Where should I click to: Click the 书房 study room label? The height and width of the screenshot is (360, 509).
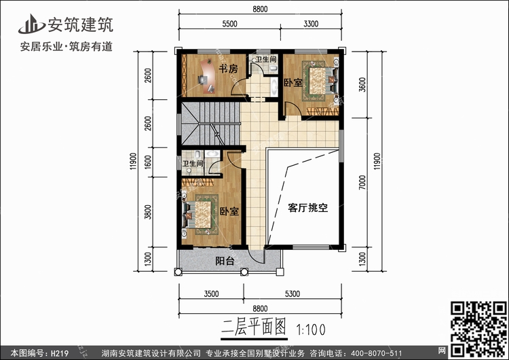pos(229,69)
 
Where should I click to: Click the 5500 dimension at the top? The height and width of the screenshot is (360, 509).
pos(229,24)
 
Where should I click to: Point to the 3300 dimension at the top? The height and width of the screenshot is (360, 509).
pos(310,24)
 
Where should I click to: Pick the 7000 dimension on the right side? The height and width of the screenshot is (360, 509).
pos(364,183)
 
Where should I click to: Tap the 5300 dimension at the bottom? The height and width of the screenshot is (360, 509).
pos(293,294)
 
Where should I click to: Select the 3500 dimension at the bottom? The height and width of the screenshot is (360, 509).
pos(210,294)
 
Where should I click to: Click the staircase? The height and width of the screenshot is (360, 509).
pos(211,125)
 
